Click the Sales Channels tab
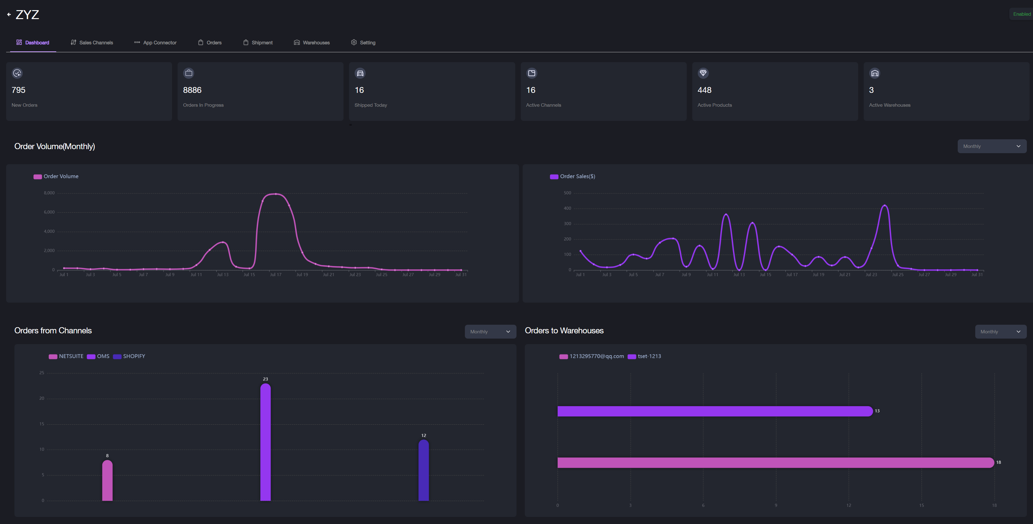click(92, 42)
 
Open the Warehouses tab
click(312, 42)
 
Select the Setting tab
click(363, 42)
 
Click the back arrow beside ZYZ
click(9, 14)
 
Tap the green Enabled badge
click(1021, 14)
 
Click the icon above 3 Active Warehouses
click(874, 73)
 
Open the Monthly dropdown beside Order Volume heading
click(992, 146)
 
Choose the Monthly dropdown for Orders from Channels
click(490, 332)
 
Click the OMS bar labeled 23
click(265, 441)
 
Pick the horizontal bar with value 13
click(714, 411)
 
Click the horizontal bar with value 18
click(774, 462)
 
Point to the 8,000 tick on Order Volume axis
click(49, 193)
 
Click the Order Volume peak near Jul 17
click(276, 194)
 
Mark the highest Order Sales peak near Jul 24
click(885, 205)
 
